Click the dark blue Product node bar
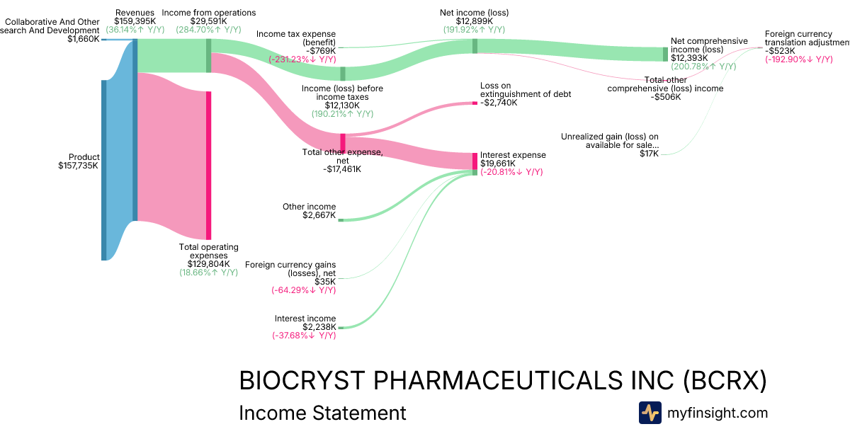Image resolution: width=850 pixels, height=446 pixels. pos(103,170)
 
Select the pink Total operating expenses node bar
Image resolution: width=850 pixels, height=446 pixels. pos(208,165)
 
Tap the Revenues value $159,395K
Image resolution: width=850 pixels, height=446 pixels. pos(135,21)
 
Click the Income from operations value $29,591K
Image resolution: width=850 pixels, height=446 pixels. pos(208,21)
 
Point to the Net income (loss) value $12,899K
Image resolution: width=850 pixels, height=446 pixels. pos(474,21)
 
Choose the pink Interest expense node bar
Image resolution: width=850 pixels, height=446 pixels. pos(475,161)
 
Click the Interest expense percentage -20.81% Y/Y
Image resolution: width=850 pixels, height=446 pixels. pos(511,172)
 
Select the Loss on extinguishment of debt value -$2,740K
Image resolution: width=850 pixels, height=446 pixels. pos(499,103)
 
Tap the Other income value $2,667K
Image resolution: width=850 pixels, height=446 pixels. pos(319,215)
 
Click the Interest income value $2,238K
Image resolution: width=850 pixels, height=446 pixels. pos(319,327)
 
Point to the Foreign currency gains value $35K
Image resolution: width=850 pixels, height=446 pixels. pos(325,282)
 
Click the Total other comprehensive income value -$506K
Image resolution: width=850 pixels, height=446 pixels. pos(665,97)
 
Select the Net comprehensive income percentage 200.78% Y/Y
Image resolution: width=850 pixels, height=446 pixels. pos(703,67)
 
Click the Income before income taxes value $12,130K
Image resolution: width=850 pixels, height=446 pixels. pos(342,105)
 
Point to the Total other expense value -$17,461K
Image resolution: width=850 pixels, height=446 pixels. pos(342,169)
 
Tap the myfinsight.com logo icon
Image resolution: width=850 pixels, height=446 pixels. pos(650,413)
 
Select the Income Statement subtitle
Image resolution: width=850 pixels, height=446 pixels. pos(323,413)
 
